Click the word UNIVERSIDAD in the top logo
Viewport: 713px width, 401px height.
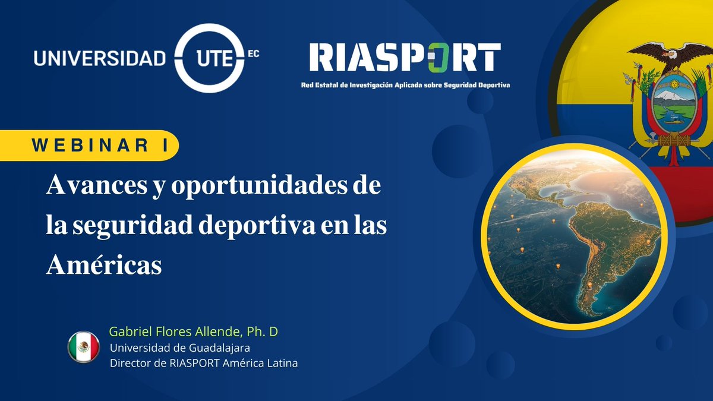tap(100, 58)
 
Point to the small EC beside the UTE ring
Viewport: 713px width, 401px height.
tap(253, 52)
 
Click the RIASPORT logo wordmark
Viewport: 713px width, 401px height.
tap(405, 58)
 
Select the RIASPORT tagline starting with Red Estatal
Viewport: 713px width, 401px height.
tap(405, 85)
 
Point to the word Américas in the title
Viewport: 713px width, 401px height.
tap(104, 265)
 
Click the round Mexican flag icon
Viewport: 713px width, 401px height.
tap(84, 347)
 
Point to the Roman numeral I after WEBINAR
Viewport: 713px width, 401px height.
tap(165, 146)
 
